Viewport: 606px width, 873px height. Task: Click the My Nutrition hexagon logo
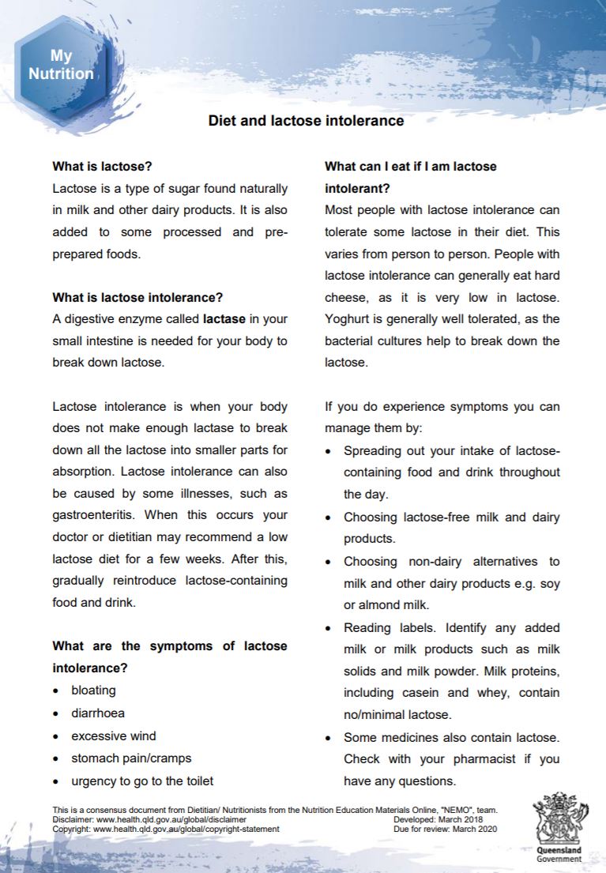[x=61, y=66]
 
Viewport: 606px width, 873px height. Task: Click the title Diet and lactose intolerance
[x=306, y=121]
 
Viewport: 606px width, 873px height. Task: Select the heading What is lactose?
[x=102, y=167]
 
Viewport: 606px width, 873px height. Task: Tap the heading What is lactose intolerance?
[x=137, y=298]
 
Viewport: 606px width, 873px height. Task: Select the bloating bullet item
[x=93, y=690]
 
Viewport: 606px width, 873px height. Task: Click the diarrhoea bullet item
[x=98, y=713]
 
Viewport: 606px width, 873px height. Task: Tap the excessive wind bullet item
[x=114, y=736]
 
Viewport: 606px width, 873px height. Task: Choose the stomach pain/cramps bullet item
[x=131, y=758]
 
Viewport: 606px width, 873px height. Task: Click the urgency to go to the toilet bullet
[x=142, y=781]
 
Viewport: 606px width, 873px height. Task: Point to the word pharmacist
[x=469, y=758]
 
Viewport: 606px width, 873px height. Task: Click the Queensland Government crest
[x=559, y=823]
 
